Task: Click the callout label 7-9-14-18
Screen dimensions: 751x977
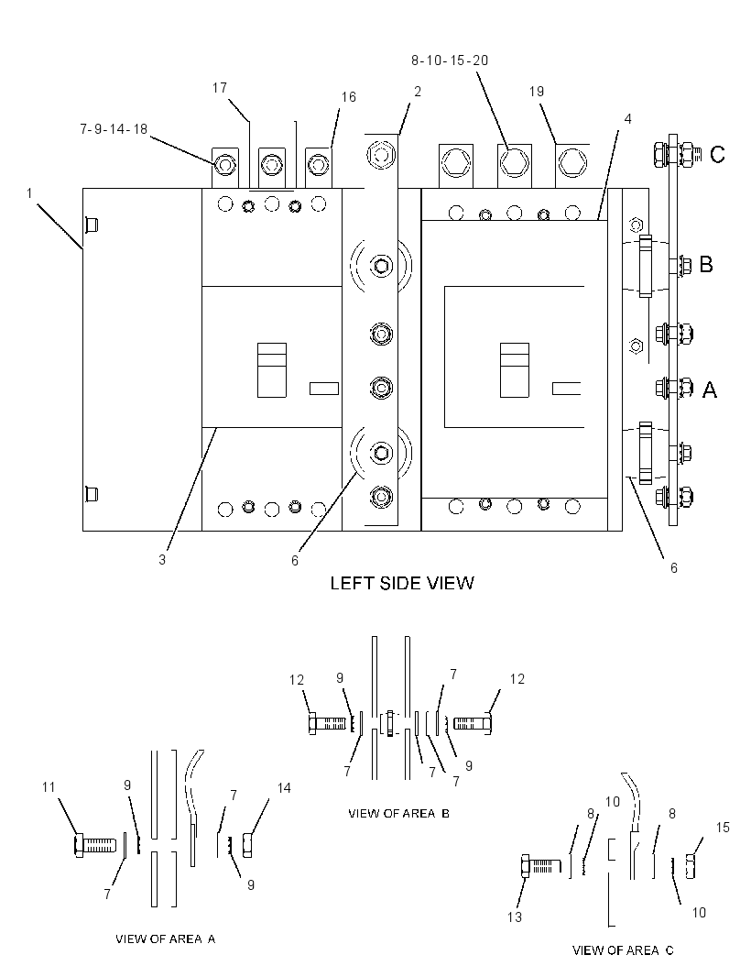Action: (114, 129)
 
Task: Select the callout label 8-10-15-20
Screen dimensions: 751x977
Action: (450, 60)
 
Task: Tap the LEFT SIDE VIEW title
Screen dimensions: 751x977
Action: (402, 583)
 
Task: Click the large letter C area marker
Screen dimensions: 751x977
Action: (717, 154)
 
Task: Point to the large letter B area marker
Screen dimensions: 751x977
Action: (705, 264)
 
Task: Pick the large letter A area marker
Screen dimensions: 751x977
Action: (709, 390)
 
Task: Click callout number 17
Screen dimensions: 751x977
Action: (219, 88)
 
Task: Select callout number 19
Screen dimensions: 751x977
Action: (536, 92)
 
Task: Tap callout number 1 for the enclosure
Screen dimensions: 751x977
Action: (28, 193)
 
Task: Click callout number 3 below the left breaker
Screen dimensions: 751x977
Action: (162, 560)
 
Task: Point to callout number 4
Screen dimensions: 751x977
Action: (627, 118)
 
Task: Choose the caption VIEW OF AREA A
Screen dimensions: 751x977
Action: (166, 939)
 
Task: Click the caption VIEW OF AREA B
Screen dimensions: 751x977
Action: (398, 813)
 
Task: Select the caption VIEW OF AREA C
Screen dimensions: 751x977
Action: (623, 950)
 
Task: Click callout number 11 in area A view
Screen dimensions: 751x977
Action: (49, 787)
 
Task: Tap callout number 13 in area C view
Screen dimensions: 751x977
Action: (515, 917)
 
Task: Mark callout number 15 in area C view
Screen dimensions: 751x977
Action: (723, 827)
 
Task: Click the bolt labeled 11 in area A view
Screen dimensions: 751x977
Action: (94, 846)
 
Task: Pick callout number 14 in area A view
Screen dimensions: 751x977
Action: (284, 788)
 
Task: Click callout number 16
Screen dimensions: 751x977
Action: (349, 96)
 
